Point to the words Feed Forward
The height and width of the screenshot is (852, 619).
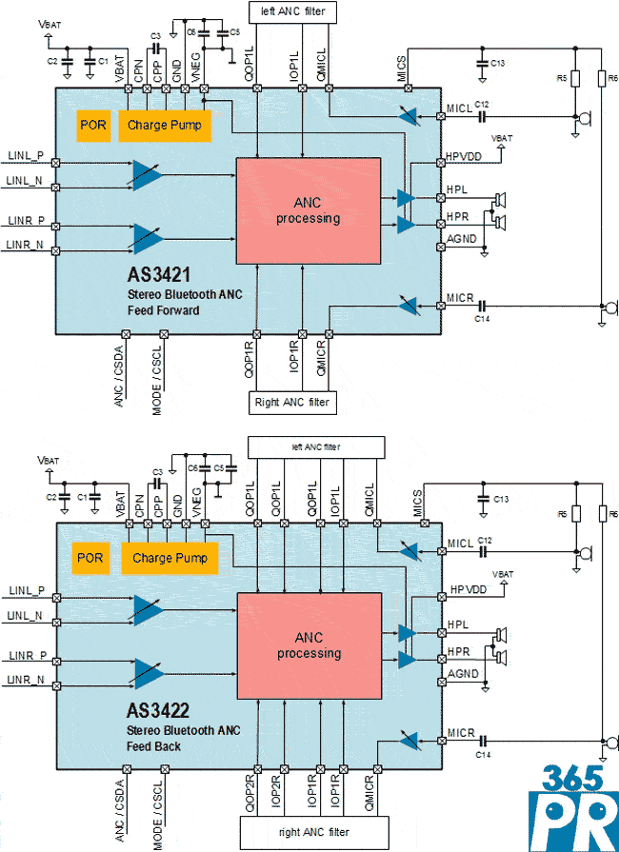[165, 311]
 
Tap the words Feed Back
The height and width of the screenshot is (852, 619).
[156, 746]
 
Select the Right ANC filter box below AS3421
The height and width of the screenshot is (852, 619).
[291, 403]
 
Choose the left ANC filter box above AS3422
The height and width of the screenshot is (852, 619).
[315, 446]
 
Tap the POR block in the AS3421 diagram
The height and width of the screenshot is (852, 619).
[93, 125]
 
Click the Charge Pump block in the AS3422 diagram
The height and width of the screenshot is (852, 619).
[170, 558]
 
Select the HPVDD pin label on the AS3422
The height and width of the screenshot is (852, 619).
[468, 589]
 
